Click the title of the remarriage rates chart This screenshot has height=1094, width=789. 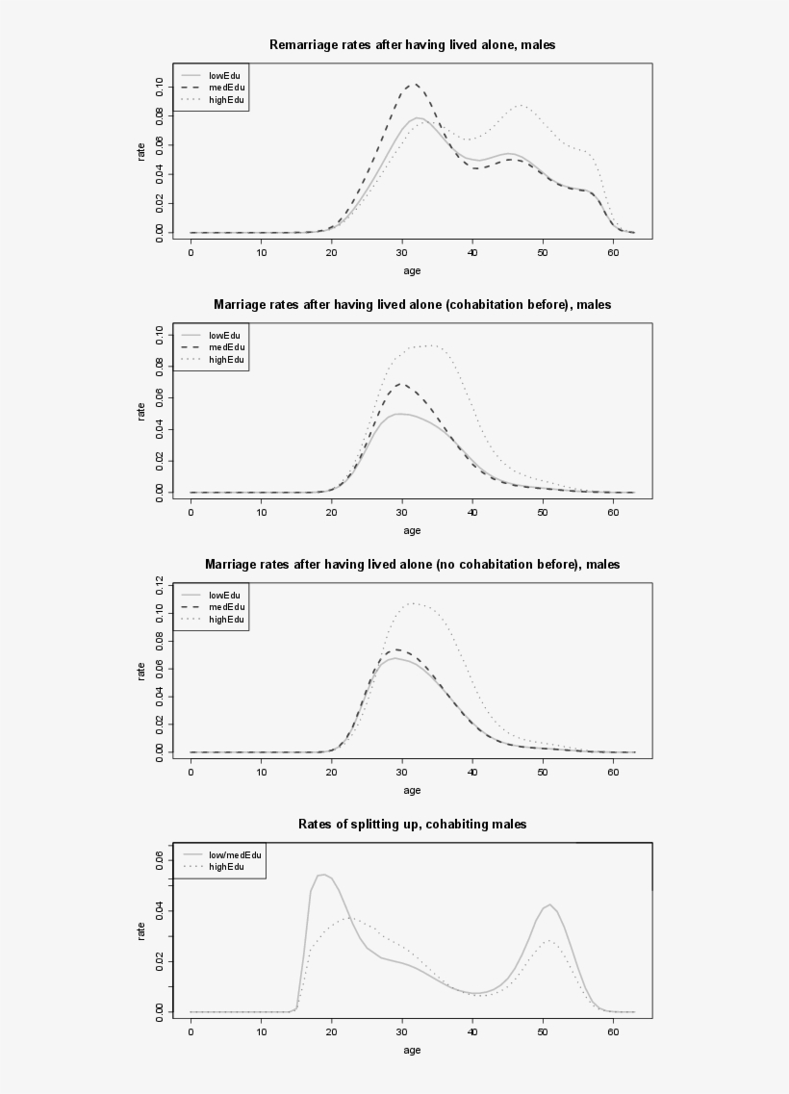click(412, 44)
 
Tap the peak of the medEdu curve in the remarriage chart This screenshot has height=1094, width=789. click(413, 85)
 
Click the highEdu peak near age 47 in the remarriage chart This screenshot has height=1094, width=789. click(521, 105)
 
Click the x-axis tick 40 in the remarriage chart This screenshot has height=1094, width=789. click(472, 252)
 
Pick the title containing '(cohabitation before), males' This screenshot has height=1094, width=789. click(412, 304)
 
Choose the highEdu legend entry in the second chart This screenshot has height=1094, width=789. click(226, 360)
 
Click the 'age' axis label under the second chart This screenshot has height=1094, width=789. click(412, 530)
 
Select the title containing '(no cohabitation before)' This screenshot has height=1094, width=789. click(412, 564)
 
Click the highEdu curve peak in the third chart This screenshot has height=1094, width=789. click(412, 603)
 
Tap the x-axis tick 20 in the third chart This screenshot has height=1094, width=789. click(332, 772)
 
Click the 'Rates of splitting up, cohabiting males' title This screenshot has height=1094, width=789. click(412, 824)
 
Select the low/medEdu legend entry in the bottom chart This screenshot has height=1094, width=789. click(235, 854)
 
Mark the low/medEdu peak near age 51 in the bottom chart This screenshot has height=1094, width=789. click(549, 904)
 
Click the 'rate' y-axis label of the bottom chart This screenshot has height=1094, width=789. click(140, 930)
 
